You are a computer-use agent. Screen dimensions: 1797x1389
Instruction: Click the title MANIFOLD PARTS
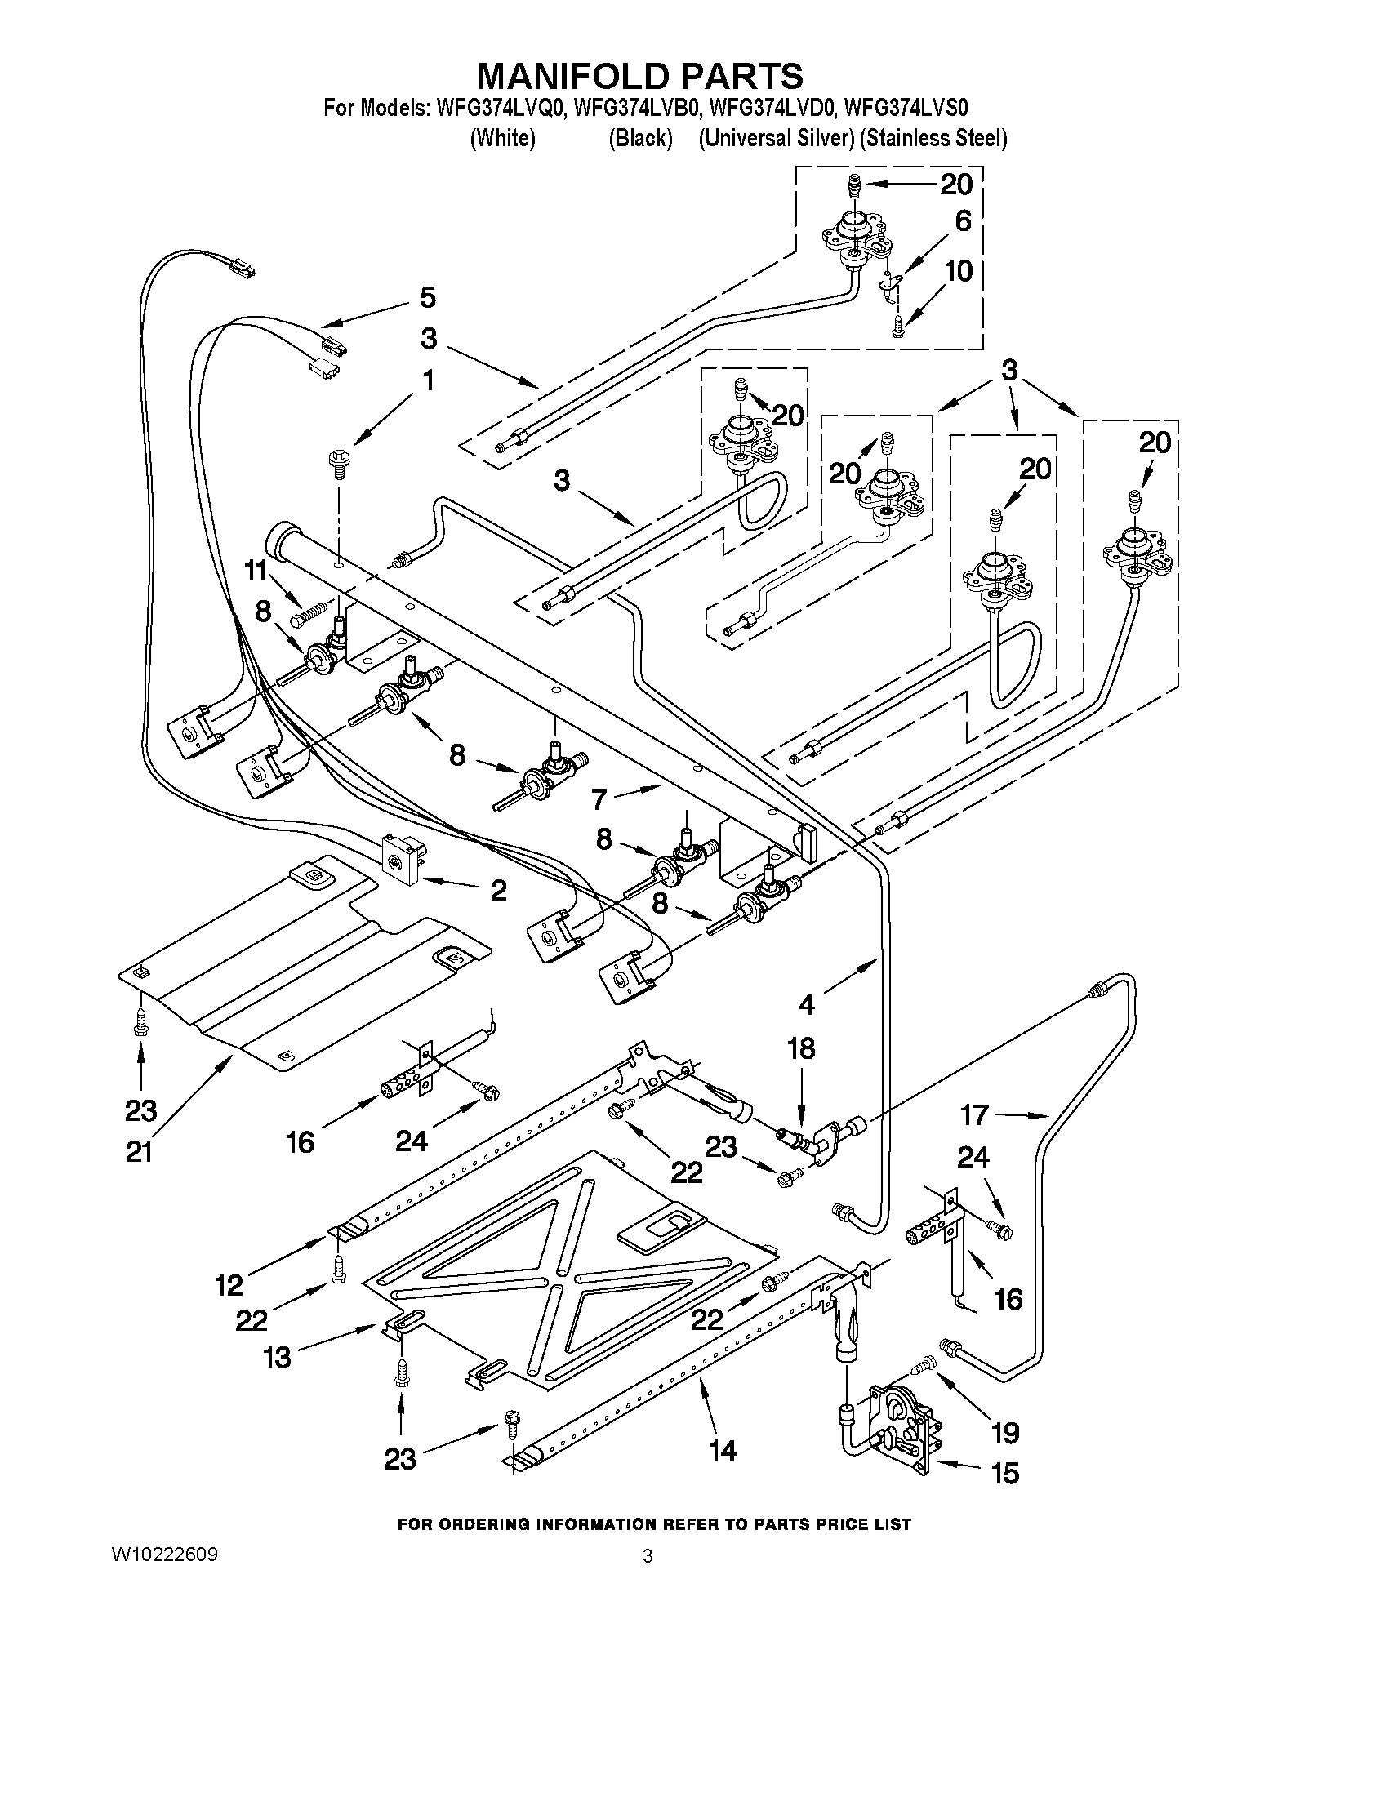pyautogui.click(x=640, y=76)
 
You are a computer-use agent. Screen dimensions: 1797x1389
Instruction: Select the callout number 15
pyautogui.click(x=1004, y=1472)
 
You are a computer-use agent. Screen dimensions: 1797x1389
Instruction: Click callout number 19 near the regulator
pyautogui.click(x=1004, y=1433)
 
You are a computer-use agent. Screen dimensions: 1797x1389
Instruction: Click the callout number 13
pyautogui.click(x=278, y=1357)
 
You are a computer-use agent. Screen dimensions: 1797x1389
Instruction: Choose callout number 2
pyautogui.click(x=498, y=890)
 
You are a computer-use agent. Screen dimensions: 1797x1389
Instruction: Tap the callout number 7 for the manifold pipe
pyautogui.click(x=599, y=798)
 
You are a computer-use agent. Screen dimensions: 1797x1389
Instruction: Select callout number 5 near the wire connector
pyautogui.click(x=427, y=297)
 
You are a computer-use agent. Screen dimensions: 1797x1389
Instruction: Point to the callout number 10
pyautogui.click(x=958, y=271)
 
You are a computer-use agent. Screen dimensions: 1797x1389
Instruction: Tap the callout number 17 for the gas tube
pyautogui.click(x=974, y=1115)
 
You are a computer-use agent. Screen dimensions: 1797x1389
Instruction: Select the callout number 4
pyautogui.click(x=807, y=1003)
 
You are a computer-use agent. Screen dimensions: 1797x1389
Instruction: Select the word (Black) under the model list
pyautogui.click(x=640, y=138)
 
